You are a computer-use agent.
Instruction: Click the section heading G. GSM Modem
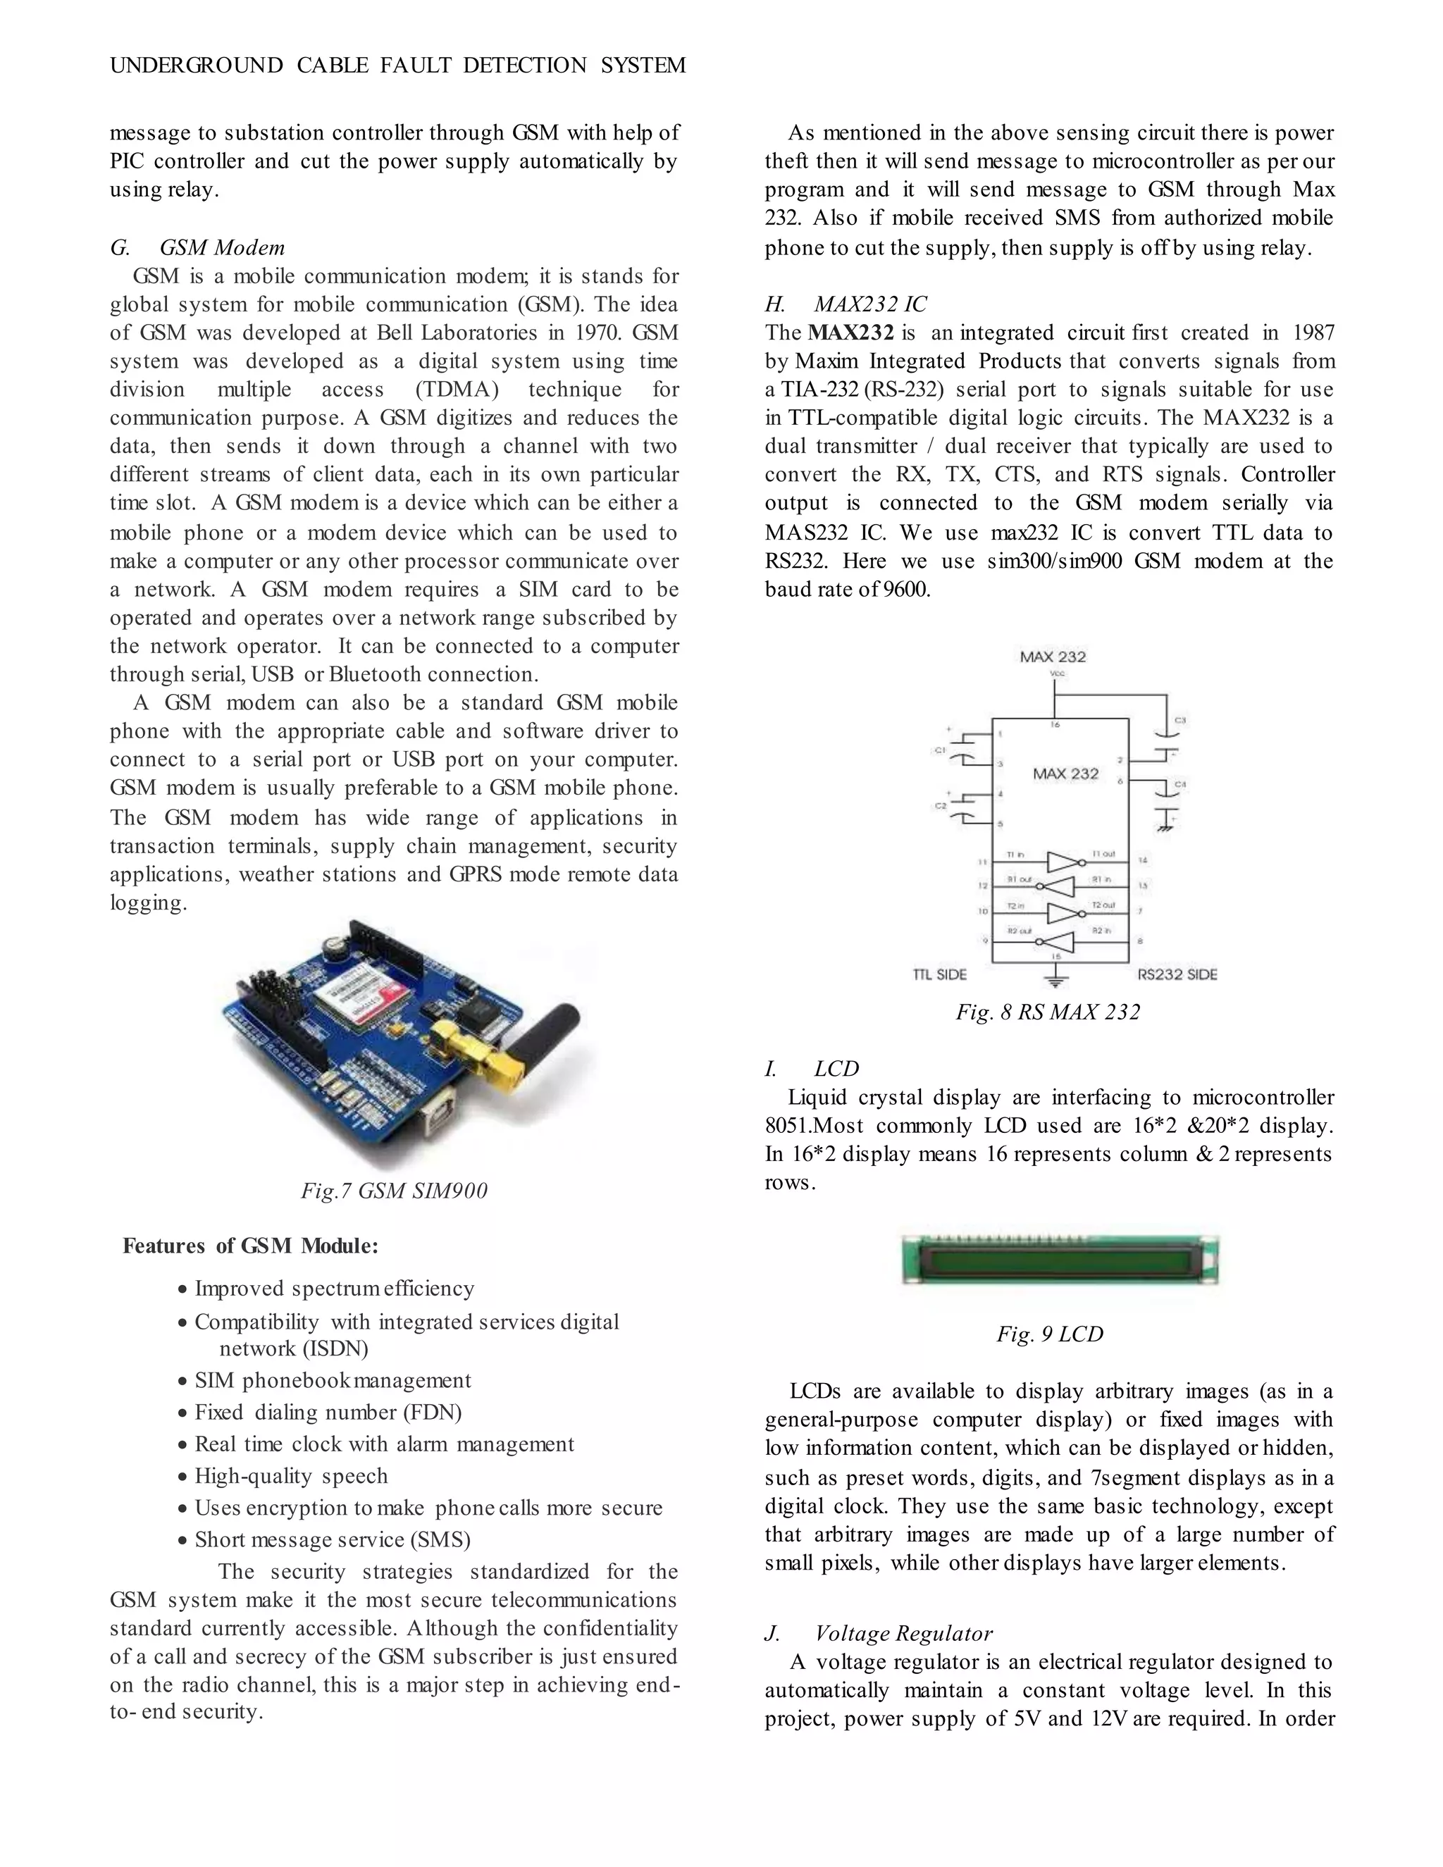pyautogui.click(x=197, y=248)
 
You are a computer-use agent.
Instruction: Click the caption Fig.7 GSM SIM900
pyautogui.click(x=394, y=1191)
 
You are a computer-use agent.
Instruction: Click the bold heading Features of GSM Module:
pyautogui.click(x=250, y=1246)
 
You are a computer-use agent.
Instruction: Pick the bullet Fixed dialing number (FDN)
pyautogui.click(x=328, y=1412)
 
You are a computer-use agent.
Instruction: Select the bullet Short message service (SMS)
pyautogui.click(x=332, y=1539)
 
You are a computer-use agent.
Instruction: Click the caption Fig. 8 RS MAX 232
pyautogui.click(x=1047, y=1012)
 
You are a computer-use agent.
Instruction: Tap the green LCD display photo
pyautogui.click(x=1060, y=1259)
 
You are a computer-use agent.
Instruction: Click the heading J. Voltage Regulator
pyautogui.click(x=878, y=1634)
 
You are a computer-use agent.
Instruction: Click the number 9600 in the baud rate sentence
pyautogui.click(x=906, y=589)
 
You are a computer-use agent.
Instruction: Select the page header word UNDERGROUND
pyautogui.click(x=197, y=66)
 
